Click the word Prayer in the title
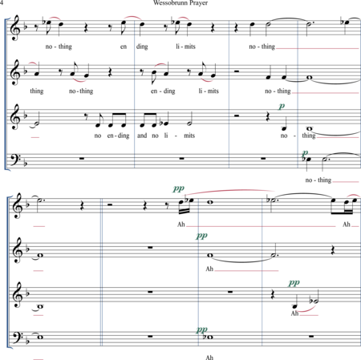(x=198, y=3)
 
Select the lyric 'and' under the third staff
(x=142, y=136)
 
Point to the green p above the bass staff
(x=305, y=154)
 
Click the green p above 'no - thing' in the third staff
(x=282, y=107)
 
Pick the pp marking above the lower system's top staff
(x=178, y=188)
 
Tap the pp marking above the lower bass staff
(x=201, y=330)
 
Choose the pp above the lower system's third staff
(x=294, y=283)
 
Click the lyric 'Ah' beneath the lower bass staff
(x=209, y=358)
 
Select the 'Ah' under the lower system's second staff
(x=209, y=269)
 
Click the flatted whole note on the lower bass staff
(x=209, y=338)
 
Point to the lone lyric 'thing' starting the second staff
(x=37, y=91)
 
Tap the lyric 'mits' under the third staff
(x=189, y=136)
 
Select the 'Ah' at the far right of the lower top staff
(x=347, y=224)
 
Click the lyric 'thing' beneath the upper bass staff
(x=324, y=180)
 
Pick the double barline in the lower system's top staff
(x=102, y=206)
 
